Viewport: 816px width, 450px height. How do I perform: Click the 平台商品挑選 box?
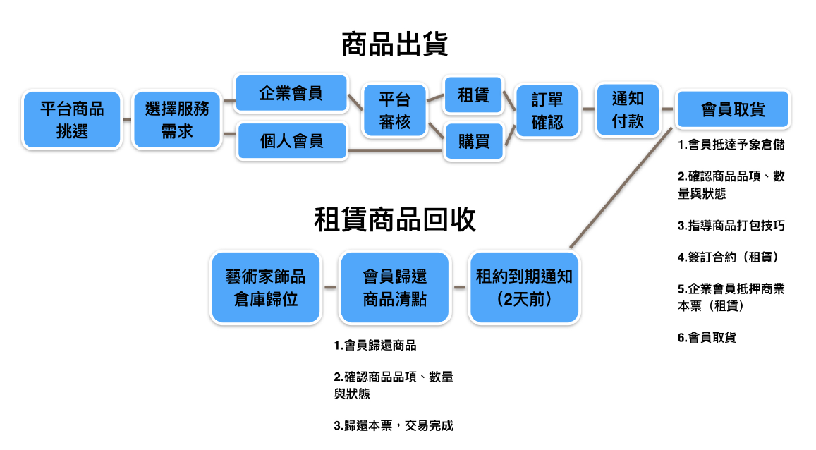pyautogui.click(x=72, y=120)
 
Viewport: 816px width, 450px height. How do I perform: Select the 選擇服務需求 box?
pyautogui.click(x=177, y=120)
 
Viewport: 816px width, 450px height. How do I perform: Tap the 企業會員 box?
pyautogui.click(x=291, y=94)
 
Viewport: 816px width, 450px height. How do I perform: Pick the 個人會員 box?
pyautogui.click(x=291, y=141)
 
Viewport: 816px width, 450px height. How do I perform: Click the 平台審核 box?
pyautogui.click(x=395, y=110)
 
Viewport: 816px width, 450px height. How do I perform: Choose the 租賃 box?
pyautogui.click(x=473, y=95)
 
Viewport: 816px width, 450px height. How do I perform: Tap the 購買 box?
pyautogui.click(x=473, y=141)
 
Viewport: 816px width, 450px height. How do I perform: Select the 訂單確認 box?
pyautogui.click(x=547, y=110)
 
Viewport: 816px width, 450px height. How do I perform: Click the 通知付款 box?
pyautogui.click(x=628, y=110)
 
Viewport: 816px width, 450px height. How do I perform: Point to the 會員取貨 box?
pyautogui.click(x=733, y=109)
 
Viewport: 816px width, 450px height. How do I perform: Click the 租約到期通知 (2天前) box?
pyautogui.click(x=524, y=288)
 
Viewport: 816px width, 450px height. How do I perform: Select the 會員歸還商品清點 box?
pyautogui.click(x=394, y=288)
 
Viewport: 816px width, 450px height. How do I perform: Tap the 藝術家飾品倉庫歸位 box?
pyautogui.click(x=265, y=288)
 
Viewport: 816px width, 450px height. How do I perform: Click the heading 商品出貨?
pyautogui.click(x=394, y=44)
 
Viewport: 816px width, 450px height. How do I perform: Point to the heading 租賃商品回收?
pyautogui.click(x=394, y=219)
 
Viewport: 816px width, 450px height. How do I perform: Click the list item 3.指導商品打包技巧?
pyautogui.click(x=731, y=226)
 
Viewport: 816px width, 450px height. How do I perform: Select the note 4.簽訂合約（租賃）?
pyautogui.click(x=729, y=257)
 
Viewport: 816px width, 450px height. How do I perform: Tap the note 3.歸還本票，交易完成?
pyautogui.click(x=394, y=425)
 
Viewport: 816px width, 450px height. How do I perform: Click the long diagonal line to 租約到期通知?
pyautogui.click(x=621, y=188)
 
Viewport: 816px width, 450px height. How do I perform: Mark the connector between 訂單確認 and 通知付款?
pyautogui.click(x=588, y=109)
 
